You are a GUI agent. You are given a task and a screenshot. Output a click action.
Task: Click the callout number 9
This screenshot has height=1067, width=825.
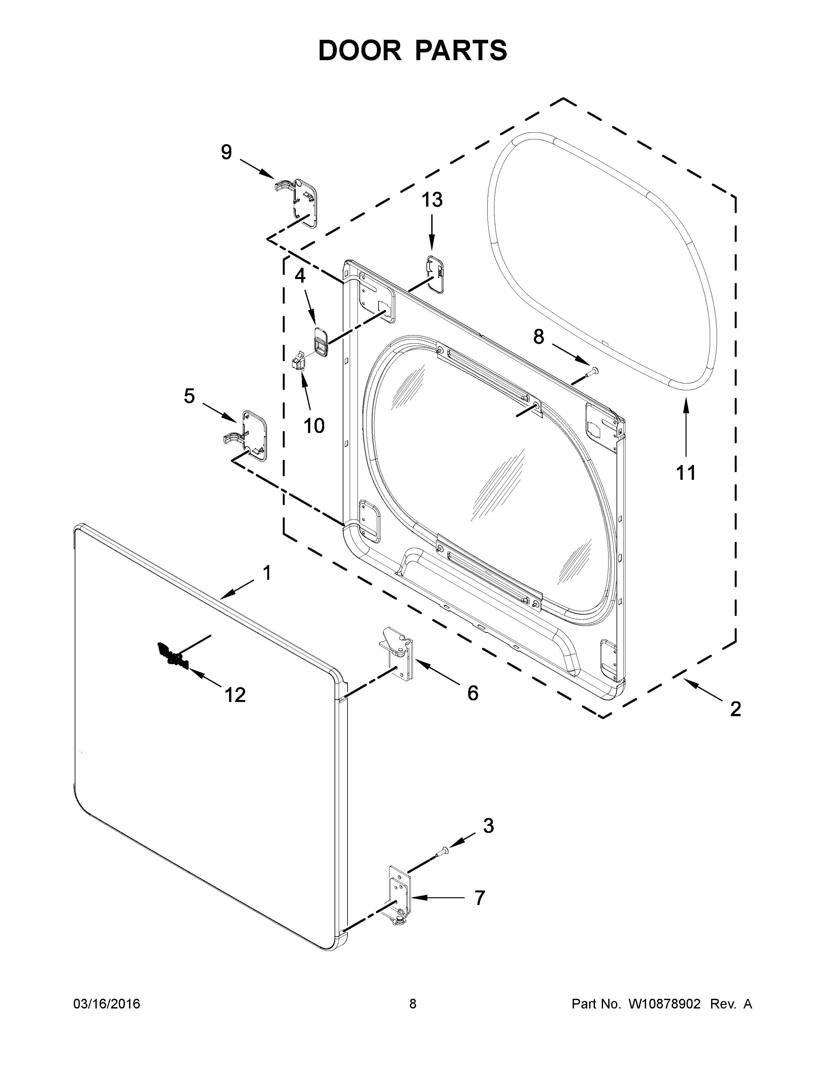226,152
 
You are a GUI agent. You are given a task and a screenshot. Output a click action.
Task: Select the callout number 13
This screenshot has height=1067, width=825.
432,200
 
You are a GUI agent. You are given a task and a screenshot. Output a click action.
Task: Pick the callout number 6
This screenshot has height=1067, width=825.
473,693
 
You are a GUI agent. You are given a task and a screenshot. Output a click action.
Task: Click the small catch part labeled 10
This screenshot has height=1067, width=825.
298,362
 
